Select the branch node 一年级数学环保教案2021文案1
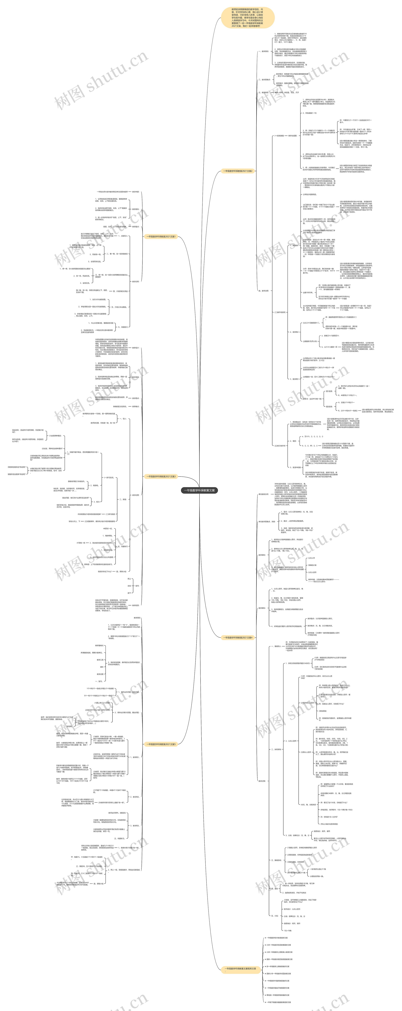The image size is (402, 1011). [x=161, y=237]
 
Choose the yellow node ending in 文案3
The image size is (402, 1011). [x=161, y=477]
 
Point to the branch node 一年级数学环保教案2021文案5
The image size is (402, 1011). [x=161, y=744]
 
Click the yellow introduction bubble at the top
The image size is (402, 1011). [x=247, y=17]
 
